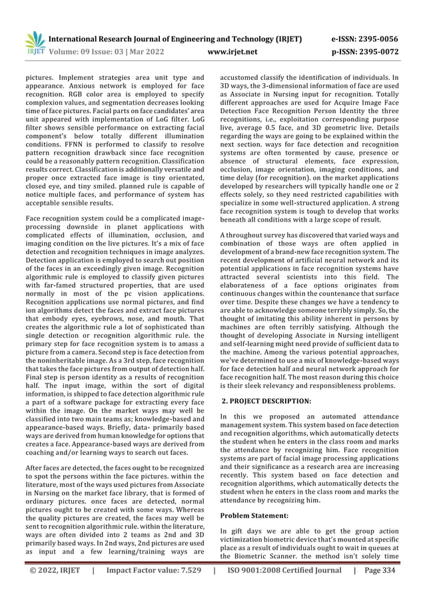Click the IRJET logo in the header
pos(35,42)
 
